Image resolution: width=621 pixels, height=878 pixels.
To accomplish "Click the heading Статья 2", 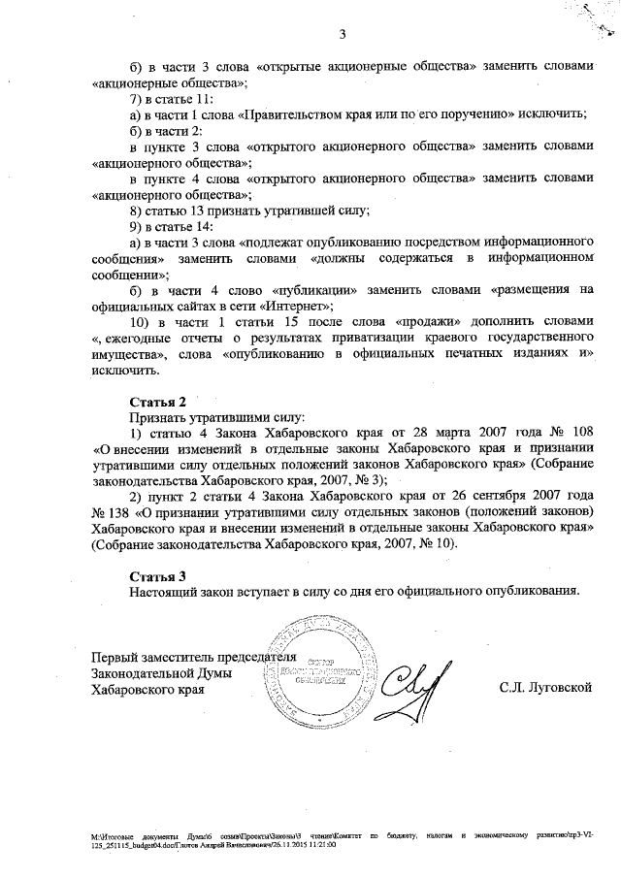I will [x=157, y=401].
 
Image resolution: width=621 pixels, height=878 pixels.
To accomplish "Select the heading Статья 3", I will [x=157, y=574].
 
